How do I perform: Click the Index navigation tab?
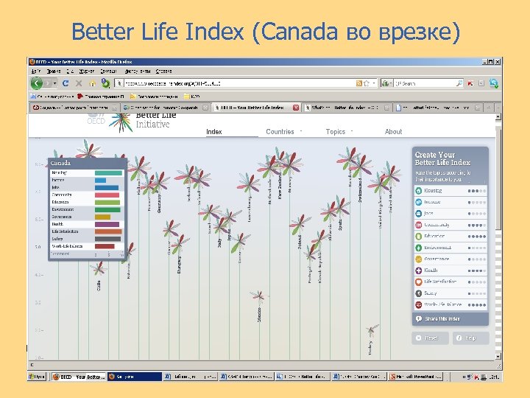coord(214,132)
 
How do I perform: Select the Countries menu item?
coord(280,132)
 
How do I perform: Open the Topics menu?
coord(336,132)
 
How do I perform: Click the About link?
coord(393,132)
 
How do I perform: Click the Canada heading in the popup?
coord(61,163)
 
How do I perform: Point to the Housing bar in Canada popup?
coord(108,172)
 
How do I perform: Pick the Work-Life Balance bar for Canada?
coord(107,246)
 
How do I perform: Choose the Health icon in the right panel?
coord(418,270)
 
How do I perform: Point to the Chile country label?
coord(99,285)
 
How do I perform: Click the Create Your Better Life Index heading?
coord(442,158)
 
